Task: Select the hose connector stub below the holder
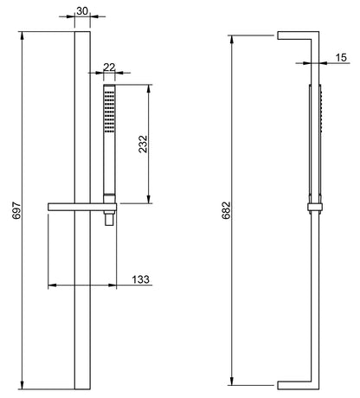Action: [x=108, y=220]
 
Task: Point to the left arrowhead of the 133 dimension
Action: [x=50, y=285]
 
